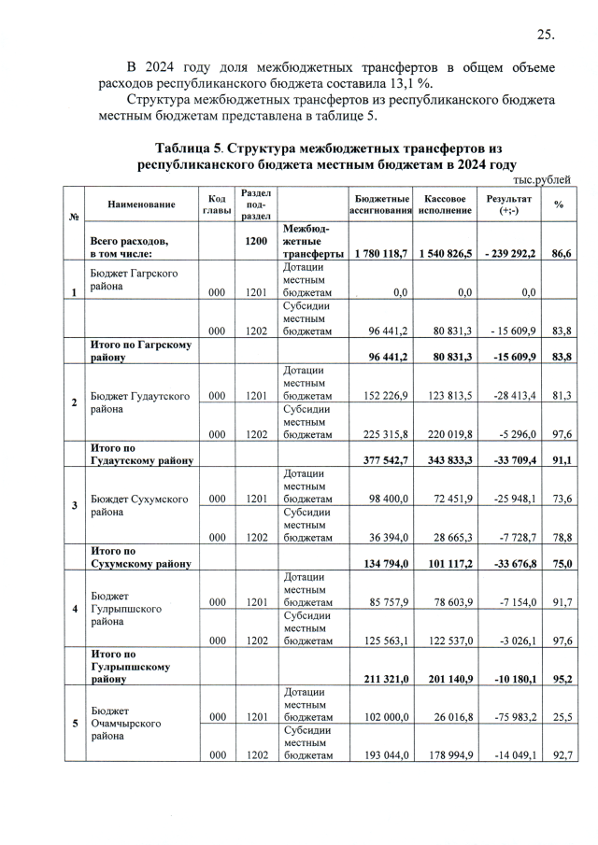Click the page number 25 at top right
point(546,35)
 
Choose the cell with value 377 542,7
point(383,460)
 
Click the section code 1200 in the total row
point(256,241)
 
